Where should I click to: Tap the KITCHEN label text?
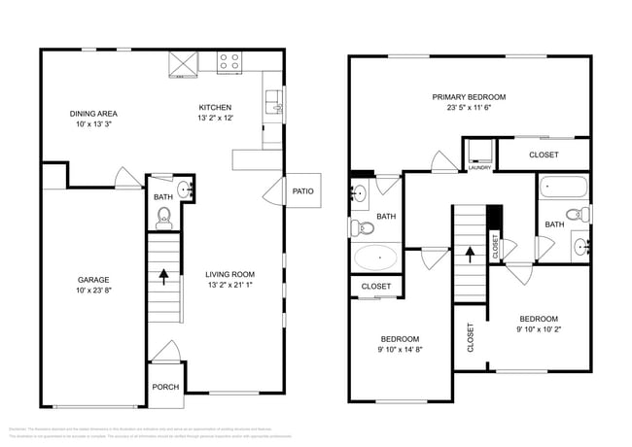point(215,107)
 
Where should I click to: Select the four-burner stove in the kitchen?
point(229,62)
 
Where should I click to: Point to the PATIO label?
point(302,190)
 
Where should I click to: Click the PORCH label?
point(166,386)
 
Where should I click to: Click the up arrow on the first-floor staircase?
point(163,275)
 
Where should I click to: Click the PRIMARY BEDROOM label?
point(470,97)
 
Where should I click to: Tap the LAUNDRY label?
point(479,168)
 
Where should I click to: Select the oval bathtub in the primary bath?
point(374,258)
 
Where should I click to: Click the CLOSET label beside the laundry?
point(543,155)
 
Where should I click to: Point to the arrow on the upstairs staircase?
point(471,255)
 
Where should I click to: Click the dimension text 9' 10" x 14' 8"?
point(400,350)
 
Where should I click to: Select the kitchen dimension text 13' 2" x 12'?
point(215,119)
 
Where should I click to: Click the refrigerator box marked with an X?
point(182,62)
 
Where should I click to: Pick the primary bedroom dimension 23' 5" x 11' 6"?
point(470,109)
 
